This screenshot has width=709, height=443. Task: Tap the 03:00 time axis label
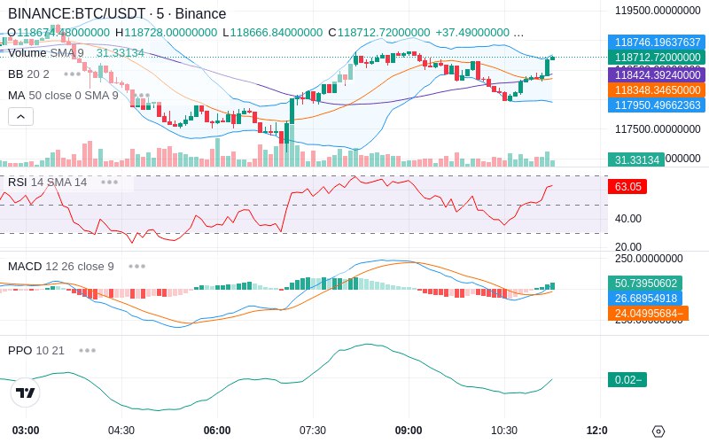click(26, 430)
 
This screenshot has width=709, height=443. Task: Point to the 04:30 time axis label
click(121, 430)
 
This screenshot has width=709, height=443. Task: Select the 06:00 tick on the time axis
click(217, 430)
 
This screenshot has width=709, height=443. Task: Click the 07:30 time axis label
click(313, 430)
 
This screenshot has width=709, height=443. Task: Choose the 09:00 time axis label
click(409, 430)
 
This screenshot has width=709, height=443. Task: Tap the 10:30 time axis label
click(504, 430)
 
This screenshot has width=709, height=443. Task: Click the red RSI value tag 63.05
click(626, 187)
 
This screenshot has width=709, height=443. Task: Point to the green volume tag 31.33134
click(635, 159)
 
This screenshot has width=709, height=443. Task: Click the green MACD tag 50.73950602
click(647, 283)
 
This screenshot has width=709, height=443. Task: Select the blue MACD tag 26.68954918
click(647, 298)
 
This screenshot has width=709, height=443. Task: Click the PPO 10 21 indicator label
click(36, 350)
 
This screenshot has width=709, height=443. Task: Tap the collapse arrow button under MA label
click(20, 116)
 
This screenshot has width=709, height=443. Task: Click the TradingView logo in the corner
click(26, 392)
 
